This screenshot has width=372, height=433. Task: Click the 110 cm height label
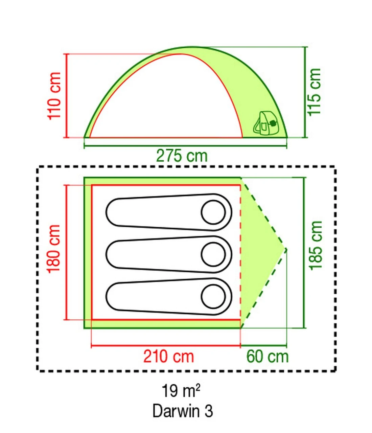pyautogui.click(x=54, y=96)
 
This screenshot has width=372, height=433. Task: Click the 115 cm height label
pyautogui.click(x=314, y=92)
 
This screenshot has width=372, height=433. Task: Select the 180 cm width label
pyautogui.click(x=54, y=249)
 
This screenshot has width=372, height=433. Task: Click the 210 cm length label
pyautogui.click(x=169, y=356)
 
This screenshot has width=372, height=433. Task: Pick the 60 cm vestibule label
pyautogui.click(x=267, y=356)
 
